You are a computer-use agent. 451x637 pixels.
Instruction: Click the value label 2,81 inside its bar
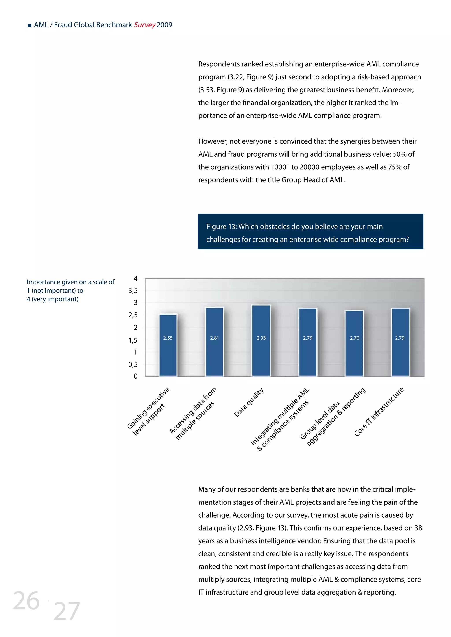214,338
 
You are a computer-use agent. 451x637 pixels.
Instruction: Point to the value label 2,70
354,338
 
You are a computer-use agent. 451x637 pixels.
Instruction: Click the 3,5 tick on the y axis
133,291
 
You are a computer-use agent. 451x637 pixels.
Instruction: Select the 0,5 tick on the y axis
133,364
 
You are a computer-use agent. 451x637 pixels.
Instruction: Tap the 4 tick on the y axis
135,278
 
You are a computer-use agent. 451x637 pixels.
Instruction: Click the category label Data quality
249,403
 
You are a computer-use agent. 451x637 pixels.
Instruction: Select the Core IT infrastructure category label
379,412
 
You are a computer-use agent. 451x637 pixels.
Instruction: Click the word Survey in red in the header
145,25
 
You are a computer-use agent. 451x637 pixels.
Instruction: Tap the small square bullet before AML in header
30,26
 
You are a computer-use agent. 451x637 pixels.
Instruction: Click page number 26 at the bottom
26,601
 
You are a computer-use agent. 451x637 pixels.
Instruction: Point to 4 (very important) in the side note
52,299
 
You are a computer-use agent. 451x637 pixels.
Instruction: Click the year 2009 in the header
165,25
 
